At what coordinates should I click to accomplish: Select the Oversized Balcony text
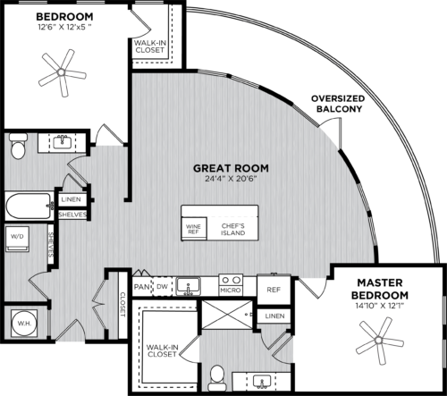tap(335, 104)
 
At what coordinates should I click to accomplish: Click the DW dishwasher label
tap(162, 286)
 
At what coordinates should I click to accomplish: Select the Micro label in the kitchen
tap(229, 289)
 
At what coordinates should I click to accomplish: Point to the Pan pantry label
tap(141, 286)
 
